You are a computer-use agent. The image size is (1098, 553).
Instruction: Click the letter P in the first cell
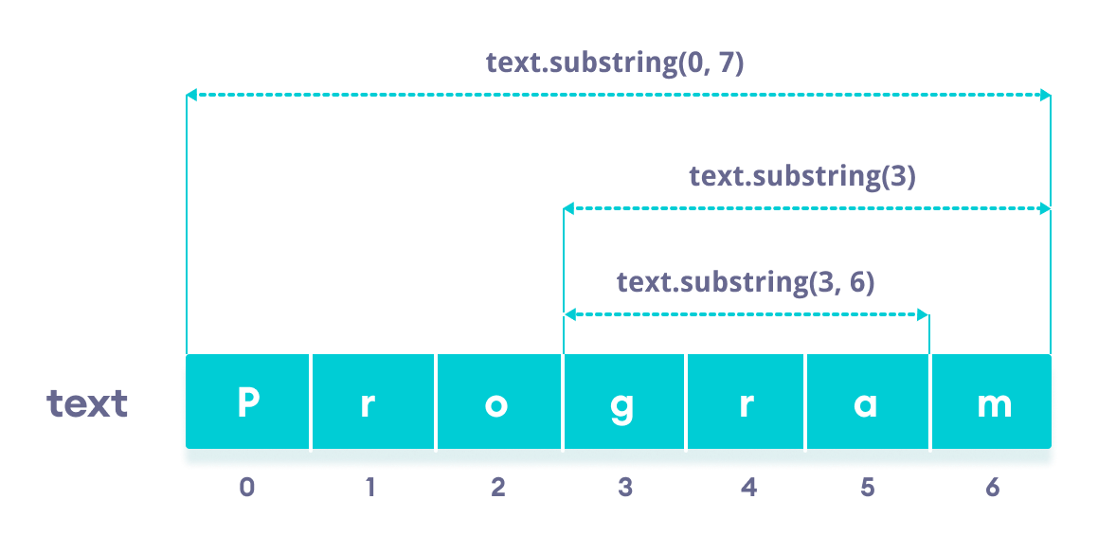[x=247, y=403]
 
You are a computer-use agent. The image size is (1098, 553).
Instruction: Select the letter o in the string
[x=496, y=405]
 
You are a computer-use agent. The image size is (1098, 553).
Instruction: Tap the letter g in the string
[x=622, y=406]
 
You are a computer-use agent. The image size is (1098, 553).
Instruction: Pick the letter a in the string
[x=866, y=405]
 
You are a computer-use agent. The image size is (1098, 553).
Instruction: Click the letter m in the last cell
[x=993, y=405]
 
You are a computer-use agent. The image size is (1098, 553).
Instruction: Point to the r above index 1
[x=369, y=405]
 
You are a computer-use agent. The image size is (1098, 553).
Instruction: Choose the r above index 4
[x=746, y=405]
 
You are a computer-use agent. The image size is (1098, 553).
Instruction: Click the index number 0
[x=247, y=488]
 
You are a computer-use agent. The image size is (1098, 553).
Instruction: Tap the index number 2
[x=498, y=488]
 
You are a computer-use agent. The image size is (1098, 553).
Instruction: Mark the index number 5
[x=868, y=488]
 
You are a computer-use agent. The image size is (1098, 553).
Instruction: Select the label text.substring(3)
[x=801, y=176]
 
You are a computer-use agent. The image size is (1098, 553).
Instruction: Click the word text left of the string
[x=87, y=404]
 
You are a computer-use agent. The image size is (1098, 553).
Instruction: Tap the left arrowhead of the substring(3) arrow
[x=568, y=206]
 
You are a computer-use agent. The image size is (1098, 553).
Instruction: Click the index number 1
[x=370, y=488]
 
